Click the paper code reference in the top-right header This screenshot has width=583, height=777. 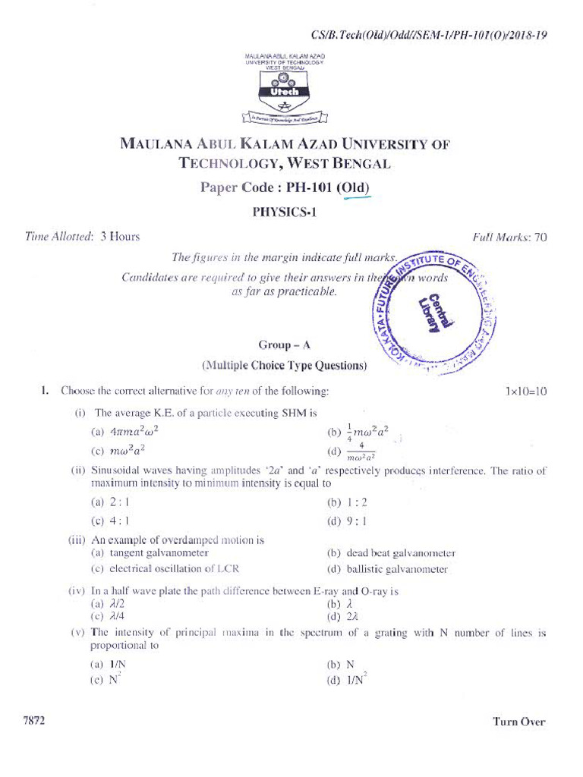coord(429,36)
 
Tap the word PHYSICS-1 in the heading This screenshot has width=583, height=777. coord(284,212)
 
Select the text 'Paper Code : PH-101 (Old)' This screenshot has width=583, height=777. coord(285,187)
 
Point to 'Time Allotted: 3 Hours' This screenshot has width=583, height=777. coord(83,237)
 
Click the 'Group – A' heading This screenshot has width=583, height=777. coord(284,344)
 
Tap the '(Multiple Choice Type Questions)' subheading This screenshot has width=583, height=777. coord(284,366)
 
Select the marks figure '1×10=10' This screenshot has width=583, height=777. coord(525,392)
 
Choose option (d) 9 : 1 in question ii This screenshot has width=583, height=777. coord(347,521)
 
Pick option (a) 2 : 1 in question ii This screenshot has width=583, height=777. coord(111,502)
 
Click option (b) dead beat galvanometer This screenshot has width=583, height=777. coord(391,554)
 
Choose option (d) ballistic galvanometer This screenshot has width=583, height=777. coord(387,569)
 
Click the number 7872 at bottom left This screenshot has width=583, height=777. coord(34,721)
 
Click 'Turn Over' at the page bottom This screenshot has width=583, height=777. coord(518,722)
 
